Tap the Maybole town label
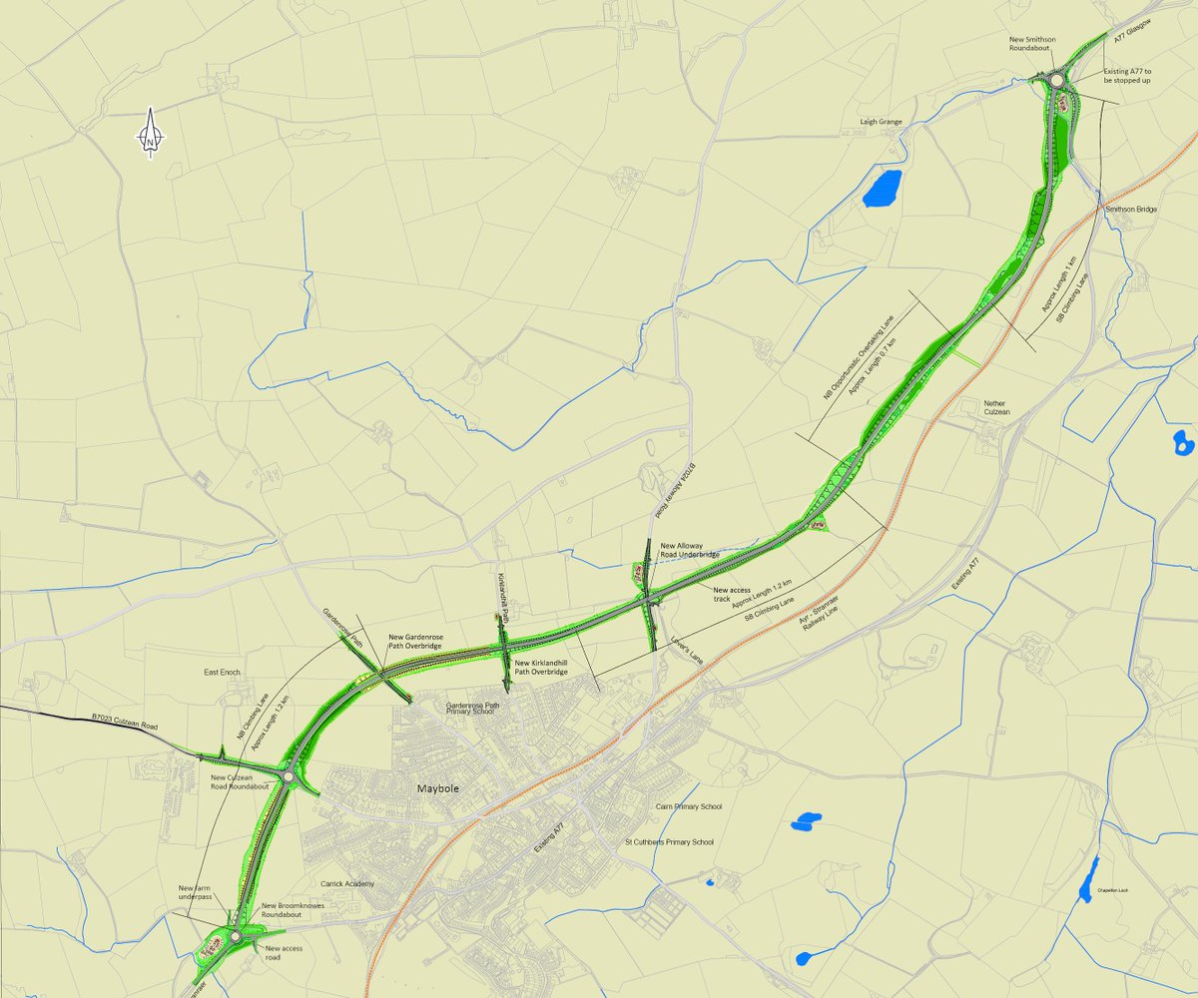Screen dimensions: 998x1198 point(437,788)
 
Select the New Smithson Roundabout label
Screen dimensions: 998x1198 point(1040,43)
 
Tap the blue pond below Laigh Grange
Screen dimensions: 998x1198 point(883,188)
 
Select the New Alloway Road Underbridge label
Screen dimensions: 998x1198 point(690,550)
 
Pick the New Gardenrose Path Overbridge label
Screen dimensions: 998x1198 point(415,641)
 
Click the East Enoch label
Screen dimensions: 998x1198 point(222,673)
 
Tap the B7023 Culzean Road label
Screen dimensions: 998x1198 point(125,722)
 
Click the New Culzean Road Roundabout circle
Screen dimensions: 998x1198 point(288,775)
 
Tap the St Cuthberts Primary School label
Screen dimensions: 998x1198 point(669,842)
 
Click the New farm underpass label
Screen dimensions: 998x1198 point(196,892)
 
